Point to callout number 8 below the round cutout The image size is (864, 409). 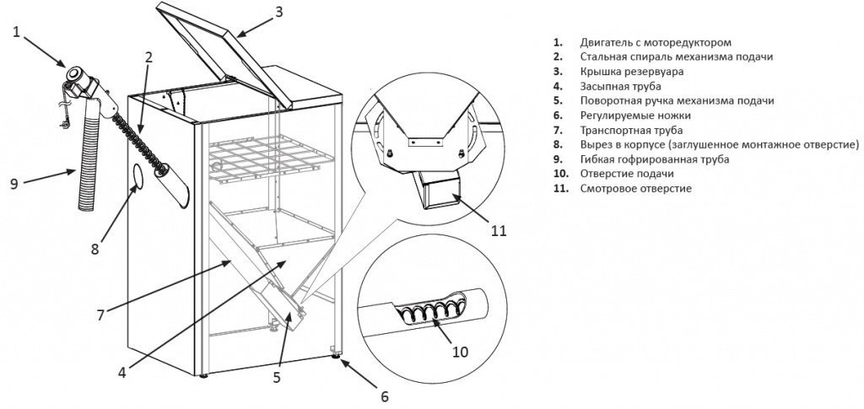pyautogui.click(x=95, y=249)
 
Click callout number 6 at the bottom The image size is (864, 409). pyautogui.click(x=385, y=396)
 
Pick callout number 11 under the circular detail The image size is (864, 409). pyautogui.click(x=499, y=229)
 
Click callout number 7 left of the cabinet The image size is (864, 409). pyautogui.click(x=100, y=315)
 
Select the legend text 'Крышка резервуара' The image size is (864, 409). pyautogui.click(x=625, y=71)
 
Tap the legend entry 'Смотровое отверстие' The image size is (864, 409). pyautogui.click(x=635, y=188)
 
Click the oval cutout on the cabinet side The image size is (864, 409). pyautogui.click(x=138, y=179)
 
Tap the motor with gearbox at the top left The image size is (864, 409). pyautogui.click(x=81, y=79)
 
